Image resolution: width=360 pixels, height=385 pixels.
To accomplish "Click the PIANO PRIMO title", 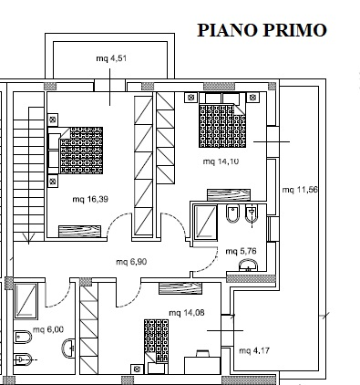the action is point(262,30).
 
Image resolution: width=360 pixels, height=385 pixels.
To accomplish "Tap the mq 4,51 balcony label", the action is point(111,58).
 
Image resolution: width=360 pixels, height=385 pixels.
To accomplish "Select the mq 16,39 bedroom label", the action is point(90,199).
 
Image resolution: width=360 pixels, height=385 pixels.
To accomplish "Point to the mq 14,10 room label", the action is point(221,161).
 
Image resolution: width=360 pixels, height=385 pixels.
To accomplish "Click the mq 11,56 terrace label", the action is point(300,190).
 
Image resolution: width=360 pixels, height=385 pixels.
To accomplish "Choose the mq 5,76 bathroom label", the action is point(241,251).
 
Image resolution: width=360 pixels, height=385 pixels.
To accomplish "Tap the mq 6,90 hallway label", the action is point(131,262).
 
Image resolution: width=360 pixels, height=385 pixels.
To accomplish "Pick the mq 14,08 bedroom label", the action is point(187,313).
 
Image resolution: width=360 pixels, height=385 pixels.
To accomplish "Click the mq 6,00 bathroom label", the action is point(48,329).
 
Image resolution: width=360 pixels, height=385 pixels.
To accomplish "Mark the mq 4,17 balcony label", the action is point(254,350).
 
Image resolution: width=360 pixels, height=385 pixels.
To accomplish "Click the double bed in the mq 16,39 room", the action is point(76,151).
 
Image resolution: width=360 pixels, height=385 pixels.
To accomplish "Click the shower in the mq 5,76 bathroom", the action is point(205,222).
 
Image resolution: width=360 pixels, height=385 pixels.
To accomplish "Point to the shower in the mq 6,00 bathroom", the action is point(26,301).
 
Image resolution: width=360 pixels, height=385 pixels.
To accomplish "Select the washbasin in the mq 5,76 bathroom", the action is point(248,265).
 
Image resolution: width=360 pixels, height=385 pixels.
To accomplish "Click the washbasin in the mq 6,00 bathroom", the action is point(68,349).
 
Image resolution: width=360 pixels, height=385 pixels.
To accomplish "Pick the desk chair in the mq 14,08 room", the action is point(202,354).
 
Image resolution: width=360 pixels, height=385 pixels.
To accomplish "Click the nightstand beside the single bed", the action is point(137,369).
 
